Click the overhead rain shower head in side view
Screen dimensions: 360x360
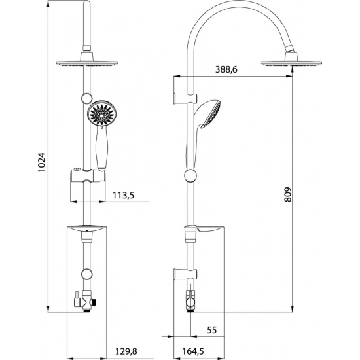point(288,62)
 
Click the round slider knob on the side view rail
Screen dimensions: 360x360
point(190,175)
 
